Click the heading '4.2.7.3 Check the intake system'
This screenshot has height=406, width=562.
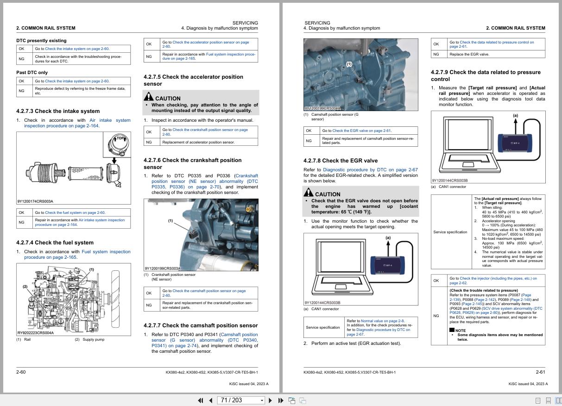(58, 111)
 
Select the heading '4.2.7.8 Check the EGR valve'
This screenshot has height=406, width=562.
(341, 161)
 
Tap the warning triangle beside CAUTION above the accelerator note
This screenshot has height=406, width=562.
(149, 97)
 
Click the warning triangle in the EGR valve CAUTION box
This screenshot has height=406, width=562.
(309, 193)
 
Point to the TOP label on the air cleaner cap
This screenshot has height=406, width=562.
(120, 138)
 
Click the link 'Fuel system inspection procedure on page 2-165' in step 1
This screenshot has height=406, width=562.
(77, 254)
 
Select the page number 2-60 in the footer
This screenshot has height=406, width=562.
(21, 372)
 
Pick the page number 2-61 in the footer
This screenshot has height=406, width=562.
(540, 372)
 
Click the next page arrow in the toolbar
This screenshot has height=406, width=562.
(270, 400)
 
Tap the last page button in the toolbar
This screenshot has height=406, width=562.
(281, 400)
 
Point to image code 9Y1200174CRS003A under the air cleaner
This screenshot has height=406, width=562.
(35, 201)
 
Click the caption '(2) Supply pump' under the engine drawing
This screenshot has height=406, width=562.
(89, 339)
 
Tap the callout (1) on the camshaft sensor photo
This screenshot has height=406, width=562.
(349, 64)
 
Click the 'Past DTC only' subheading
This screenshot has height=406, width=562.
(32, 72)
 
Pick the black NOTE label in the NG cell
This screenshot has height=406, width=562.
(458, 331)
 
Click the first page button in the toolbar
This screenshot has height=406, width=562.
(201, 400)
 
